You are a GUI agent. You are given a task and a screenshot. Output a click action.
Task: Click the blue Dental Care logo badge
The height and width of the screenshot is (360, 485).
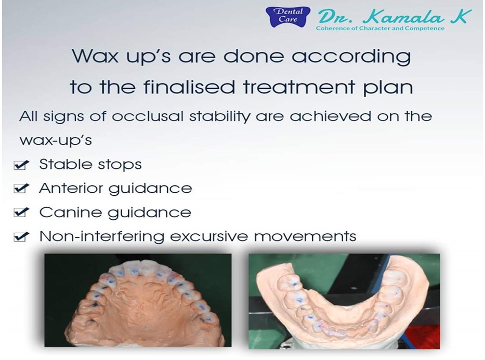coord(288,17)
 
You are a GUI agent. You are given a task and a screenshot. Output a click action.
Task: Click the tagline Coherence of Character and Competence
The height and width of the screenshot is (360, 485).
coord(380,29)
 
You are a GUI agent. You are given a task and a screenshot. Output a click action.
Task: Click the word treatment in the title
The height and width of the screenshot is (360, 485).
coord(299,87)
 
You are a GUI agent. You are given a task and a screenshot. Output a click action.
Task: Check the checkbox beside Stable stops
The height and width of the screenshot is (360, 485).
coord(21,165)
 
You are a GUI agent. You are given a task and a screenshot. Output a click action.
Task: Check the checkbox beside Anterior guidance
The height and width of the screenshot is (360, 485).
coord(21,188)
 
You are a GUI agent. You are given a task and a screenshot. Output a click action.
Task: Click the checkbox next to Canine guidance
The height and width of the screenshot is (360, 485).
coord(21,212)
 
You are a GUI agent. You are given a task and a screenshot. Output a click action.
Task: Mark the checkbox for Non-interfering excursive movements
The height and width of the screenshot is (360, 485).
coord(21,237)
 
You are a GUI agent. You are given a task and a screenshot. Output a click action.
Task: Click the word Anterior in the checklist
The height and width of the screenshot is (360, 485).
coord(72,188)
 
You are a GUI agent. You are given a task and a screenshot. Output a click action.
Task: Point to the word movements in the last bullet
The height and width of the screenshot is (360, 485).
coord(305,237)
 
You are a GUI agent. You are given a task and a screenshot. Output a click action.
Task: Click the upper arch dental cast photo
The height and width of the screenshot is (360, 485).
coord(138,300)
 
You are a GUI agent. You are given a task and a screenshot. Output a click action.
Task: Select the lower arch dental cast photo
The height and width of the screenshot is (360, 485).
coord(344,301)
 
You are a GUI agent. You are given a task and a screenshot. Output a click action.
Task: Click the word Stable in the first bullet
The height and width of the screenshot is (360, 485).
coord(60,164)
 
